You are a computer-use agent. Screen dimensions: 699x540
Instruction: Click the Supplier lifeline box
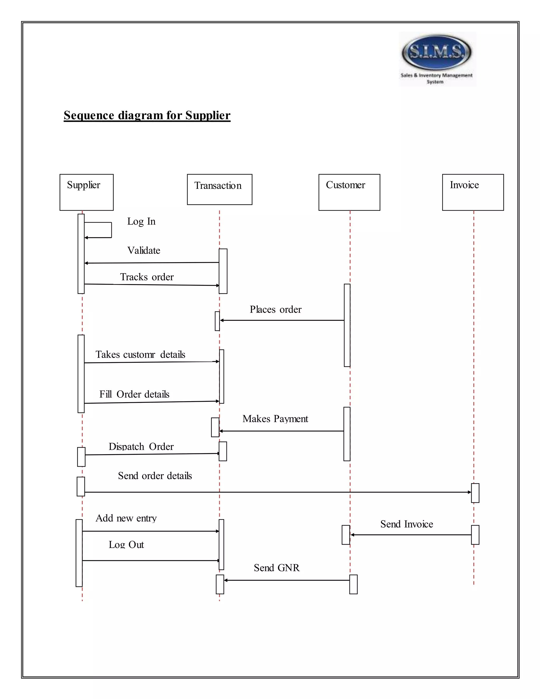click(x=86, y=192)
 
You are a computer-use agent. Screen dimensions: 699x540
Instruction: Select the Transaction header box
click(x=219, y=189)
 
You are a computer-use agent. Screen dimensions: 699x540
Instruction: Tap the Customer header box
click(x=349, y=192)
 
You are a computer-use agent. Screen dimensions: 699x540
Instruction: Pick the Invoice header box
click(x=472, y=192)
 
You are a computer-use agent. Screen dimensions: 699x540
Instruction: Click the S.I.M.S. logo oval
click(x=436, y=52)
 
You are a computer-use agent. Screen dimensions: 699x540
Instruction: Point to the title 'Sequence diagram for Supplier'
click(x=147, y=115)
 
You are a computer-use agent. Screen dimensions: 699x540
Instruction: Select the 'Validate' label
click(x=144, y=250)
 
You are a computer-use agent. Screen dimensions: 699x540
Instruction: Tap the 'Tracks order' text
click(x=147, y=277)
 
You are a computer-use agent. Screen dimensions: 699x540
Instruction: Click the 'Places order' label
click(x=276, y=309)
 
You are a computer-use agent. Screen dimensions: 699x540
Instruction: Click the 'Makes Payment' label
click(x=275, y=419)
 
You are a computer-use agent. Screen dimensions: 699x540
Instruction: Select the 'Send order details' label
click(x=155, y=476)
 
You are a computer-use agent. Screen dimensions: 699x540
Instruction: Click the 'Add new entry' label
click(x=126, y=518)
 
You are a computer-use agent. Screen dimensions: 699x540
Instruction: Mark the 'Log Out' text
click(x=126, y=545)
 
